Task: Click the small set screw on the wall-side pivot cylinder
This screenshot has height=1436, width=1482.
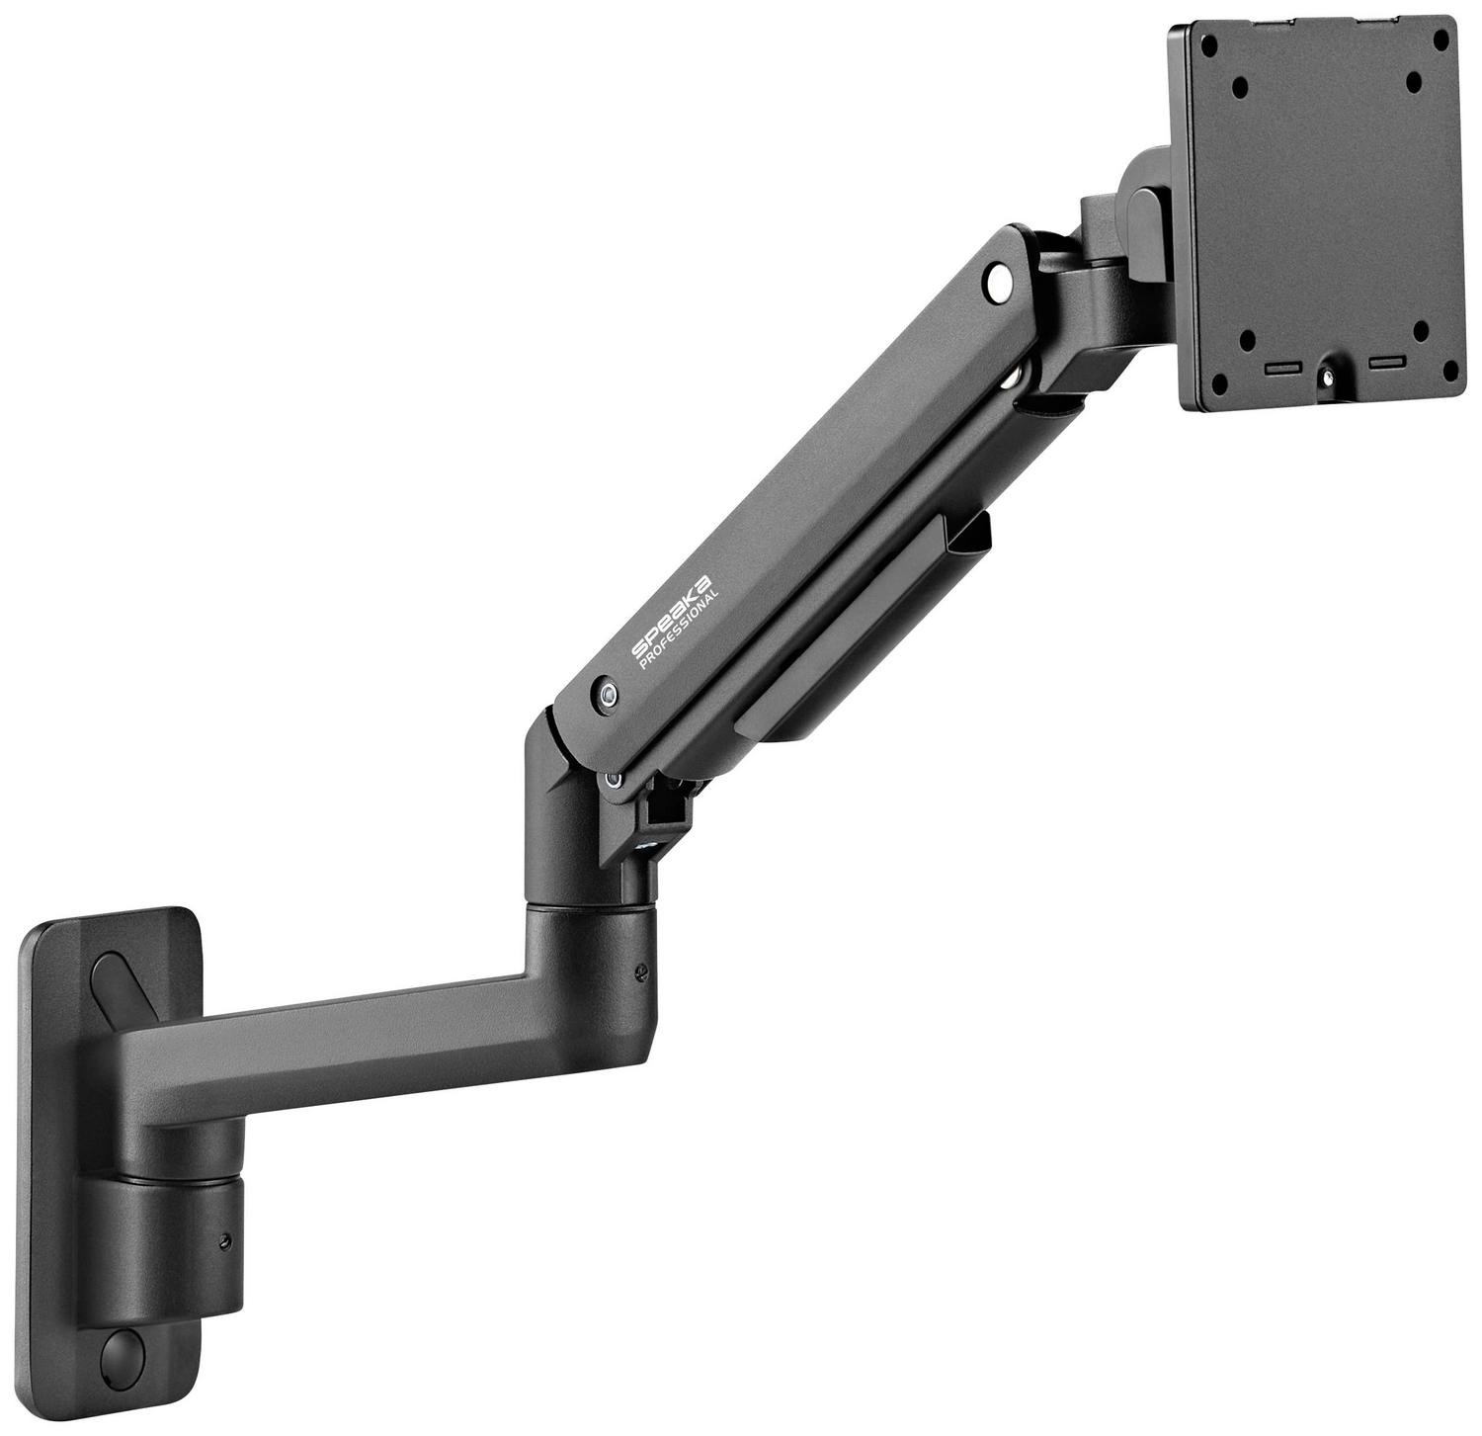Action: pos(226,1240)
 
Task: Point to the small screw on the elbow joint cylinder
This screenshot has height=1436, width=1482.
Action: pos(642,971)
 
